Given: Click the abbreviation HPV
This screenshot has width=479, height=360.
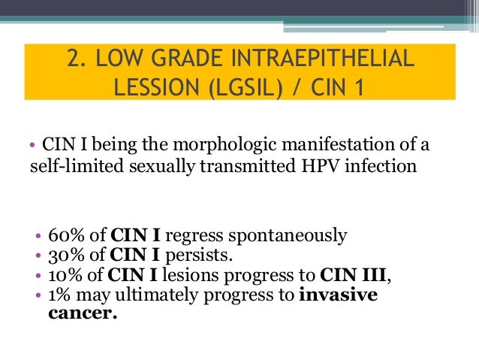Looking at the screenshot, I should pos(317,165).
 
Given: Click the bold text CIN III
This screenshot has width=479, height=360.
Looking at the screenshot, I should pos(354,274).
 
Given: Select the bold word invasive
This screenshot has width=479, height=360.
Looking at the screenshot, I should pos(338,294).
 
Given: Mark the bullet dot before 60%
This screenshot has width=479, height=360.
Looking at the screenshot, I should pos(30,236).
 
